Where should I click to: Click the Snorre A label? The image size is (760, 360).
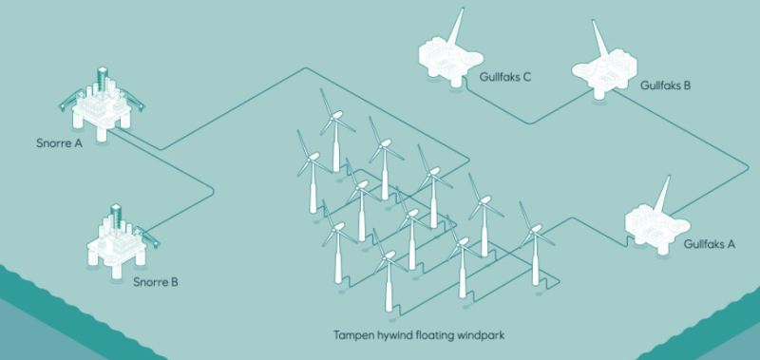click(x=59, y=143)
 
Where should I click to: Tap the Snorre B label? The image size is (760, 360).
click(x=156, y=281)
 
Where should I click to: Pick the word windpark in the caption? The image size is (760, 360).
click(x=483, y=335)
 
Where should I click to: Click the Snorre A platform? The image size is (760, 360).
click(x=102, y=104)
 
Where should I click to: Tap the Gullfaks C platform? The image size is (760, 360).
click(x=450, y=53)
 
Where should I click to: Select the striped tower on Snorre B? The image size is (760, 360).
click(x=116, y=218)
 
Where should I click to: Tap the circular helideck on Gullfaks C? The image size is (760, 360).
click(x=471, y=59)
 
